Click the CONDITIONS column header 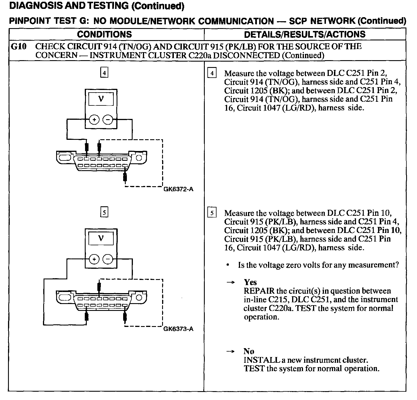104,34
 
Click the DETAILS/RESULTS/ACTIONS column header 304,34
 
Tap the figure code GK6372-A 178,189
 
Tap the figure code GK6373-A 178,329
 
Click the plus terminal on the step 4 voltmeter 94,120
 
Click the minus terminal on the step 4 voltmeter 108,120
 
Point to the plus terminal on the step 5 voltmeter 94,260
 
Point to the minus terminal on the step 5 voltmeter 108,260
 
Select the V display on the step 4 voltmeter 101,99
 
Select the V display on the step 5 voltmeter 101,238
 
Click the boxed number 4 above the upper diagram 104,73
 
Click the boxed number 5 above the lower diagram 104,213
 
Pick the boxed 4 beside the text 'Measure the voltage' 212,73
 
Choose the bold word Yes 250,282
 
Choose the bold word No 249,351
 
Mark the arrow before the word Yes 230,283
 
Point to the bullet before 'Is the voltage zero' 228,265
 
